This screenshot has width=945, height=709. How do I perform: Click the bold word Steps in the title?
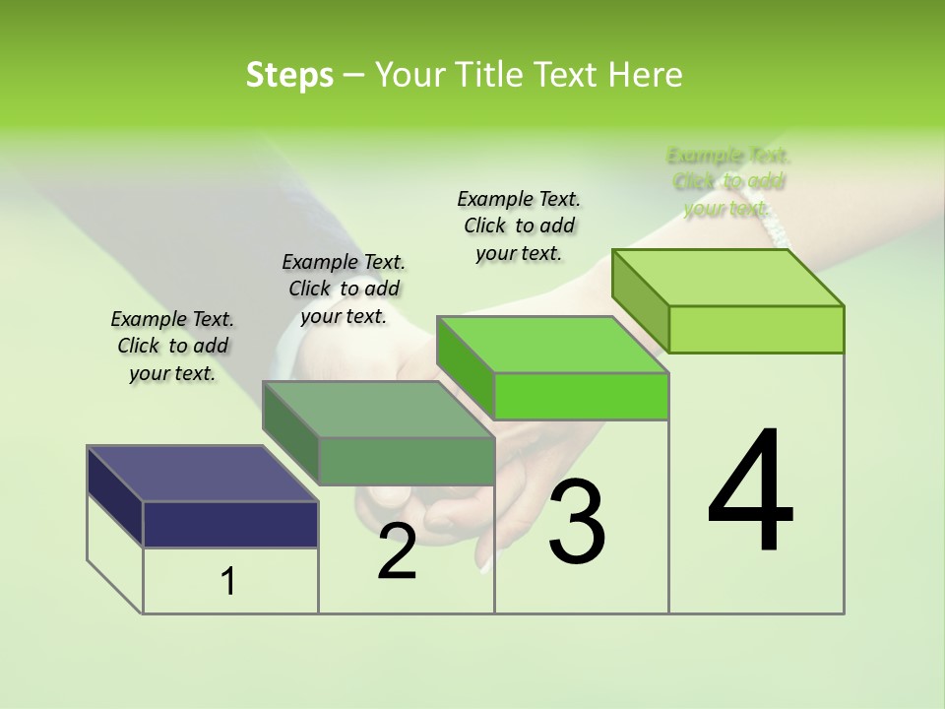pos(289,75)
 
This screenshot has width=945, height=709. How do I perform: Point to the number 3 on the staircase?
pos(576,521)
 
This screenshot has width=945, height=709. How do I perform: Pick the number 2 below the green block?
pos(397,551)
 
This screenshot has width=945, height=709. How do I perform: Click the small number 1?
pos(228,581)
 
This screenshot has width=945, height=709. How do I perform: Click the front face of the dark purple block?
pos(230,524)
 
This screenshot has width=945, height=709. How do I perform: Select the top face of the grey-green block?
pos(378,409)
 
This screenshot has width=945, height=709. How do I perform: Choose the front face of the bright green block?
pos(581,396)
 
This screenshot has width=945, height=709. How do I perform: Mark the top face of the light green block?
pos(728,277)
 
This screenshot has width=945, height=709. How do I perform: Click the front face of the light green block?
pos(756,329)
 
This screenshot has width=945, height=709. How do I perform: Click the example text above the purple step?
pos(172,346)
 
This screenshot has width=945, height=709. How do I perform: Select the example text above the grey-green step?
pos(344,289)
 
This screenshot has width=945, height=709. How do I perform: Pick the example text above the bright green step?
pos(519,226)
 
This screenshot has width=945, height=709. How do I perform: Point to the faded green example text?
pos(728,181)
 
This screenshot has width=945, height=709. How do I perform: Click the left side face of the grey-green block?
pos(290,433)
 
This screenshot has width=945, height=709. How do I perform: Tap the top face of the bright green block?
pos(553,345)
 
